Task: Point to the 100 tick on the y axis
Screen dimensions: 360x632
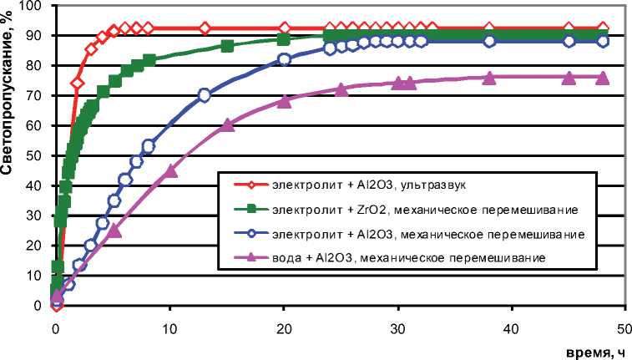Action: pyautogui.click(x=36, y=6)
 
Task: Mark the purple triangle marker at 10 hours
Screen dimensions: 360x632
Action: pyautogui.click(x=170, y=170)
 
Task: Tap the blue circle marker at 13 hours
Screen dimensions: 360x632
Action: pyautogui.click(x=204, y=95)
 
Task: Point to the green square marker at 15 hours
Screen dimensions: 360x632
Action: pyautogui.click(x=227, y=46)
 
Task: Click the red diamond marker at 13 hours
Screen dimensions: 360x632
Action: pyautogui.click(x=205, y=28)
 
